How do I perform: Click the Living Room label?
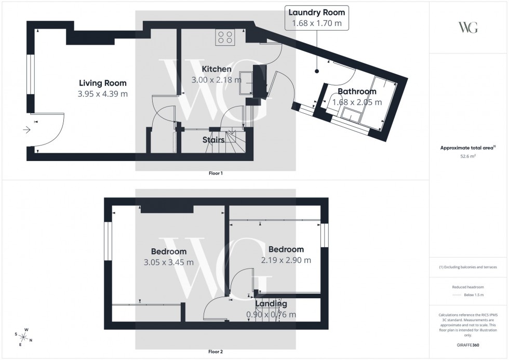(x=102, y=83)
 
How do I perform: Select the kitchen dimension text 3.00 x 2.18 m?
(x=216, y=80)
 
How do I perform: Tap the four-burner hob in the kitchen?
(x=225, y=37)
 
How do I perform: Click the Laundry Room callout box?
(x=316, y=18)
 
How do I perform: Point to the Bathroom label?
(x=357, y=91)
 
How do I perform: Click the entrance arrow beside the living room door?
(x=26, y=130)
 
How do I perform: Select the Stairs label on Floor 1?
(x=213, y=140)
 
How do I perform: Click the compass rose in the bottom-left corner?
(x=24, y=337)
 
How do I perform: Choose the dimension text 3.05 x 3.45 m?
(x=168, y=262)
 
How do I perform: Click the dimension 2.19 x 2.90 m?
(x=286, y=260)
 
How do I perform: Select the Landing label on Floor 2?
(x=271, y=304)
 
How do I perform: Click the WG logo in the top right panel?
(x=468, y=28)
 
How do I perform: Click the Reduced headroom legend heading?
(x=468, y=287)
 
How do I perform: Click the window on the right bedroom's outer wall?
(x=325, y=235)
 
